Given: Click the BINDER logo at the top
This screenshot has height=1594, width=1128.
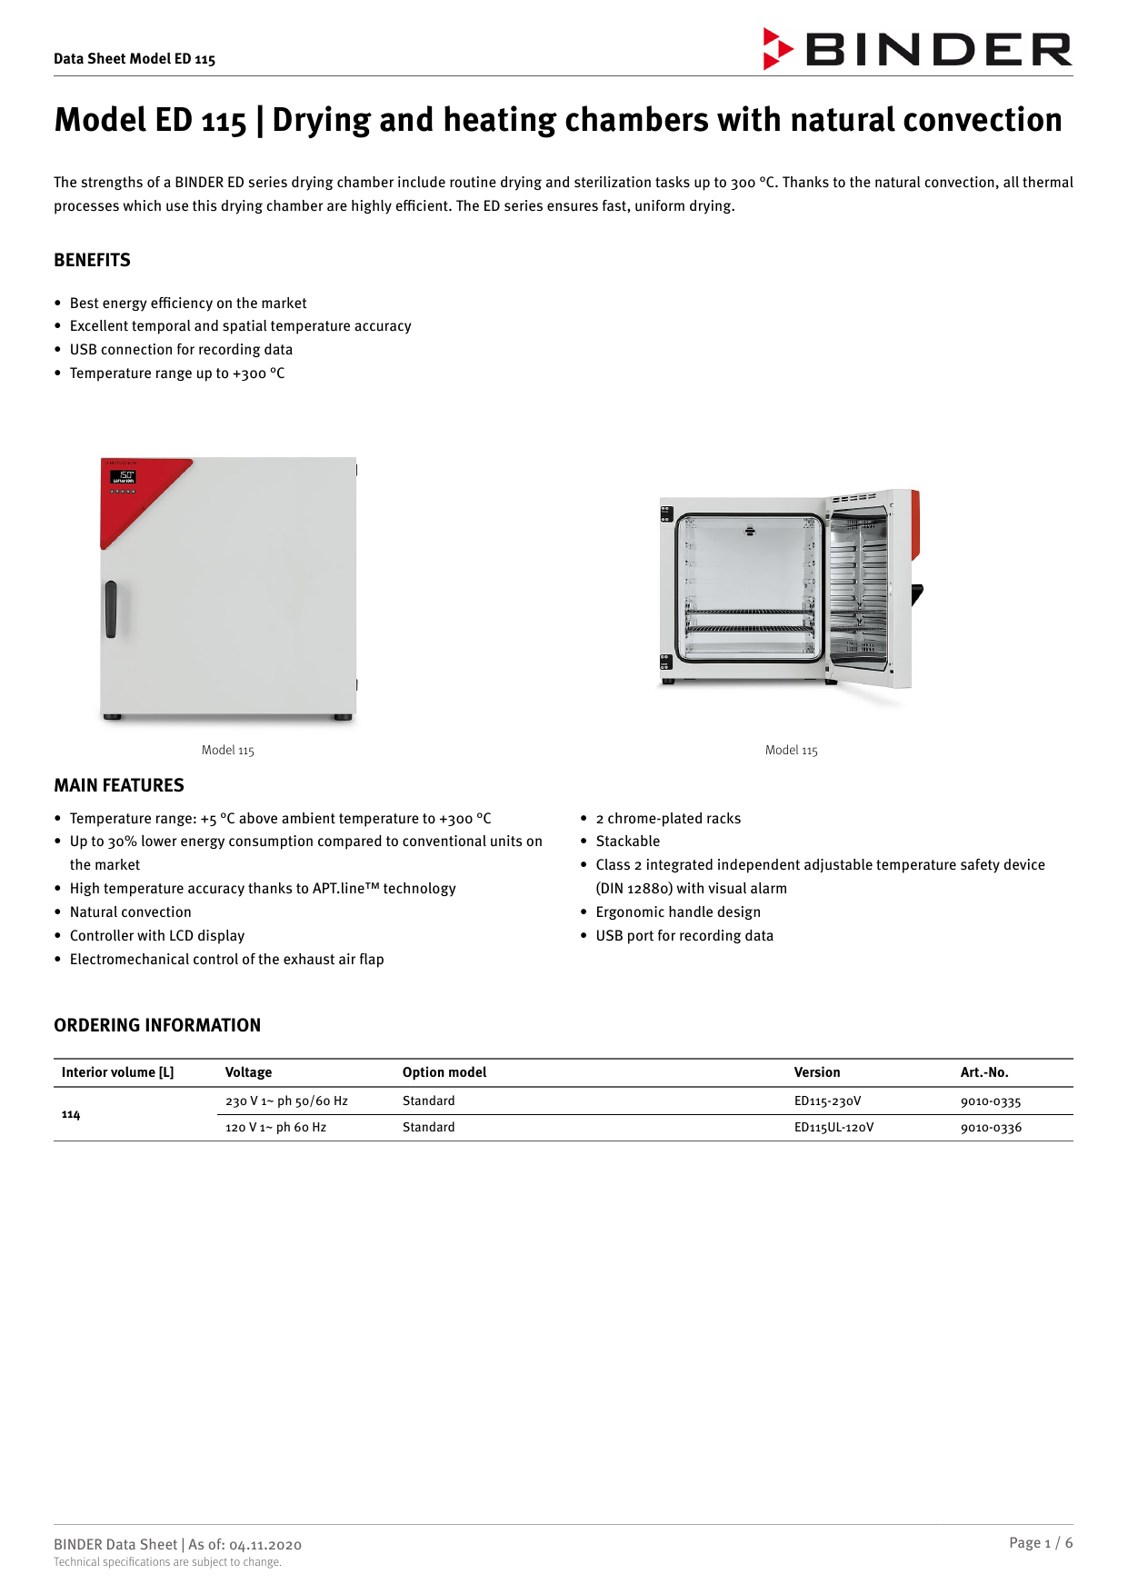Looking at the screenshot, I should (918, 50).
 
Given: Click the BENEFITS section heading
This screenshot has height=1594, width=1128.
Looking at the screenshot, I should (92, 261).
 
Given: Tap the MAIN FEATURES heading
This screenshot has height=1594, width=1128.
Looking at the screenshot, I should (119, 786).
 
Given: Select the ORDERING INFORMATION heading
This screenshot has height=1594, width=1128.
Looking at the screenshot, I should (157, 1026).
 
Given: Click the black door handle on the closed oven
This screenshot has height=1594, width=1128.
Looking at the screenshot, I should (111, 609).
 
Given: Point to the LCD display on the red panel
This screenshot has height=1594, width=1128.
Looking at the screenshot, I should (124, 477).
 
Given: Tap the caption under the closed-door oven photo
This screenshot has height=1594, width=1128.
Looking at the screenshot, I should (228, 751).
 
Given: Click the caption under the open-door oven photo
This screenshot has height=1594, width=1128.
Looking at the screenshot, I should (792, 751).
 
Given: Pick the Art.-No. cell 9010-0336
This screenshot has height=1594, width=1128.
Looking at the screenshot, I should (991, 1128).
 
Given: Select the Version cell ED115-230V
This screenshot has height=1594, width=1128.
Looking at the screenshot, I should (827, 1101).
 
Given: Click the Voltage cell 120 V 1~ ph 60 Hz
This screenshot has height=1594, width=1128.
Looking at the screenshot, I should (275, 1128).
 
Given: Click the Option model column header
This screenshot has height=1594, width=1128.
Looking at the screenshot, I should (444, 1073).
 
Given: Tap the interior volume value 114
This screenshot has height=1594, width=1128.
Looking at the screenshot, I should (71, 1115).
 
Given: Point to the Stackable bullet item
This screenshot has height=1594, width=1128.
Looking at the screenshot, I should (628, 842).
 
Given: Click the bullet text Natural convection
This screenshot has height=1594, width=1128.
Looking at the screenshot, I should (131, 912).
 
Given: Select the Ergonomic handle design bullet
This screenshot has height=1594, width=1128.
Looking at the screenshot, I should (678, 912).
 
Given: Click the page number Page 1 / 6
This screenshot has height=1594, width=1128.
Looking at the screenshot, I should (1040, 1543).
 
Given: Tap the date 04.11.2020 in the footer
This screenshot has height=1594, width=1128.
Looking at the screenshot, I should (265, 1545).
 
